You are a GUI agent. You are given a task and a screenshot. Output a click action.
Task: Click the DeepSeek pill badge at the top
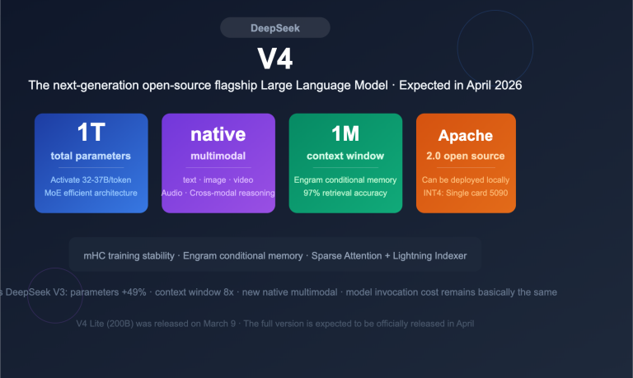tap(275, 28)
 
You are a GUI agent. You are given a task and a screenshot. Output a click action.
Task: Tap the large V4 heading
tap(275, 59)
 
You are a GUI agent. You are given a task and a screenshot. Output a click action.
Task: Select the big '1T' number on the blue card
tap(91, 133)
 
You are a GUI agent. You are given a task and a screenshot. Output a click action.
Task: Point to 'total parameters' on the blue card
tap(91, 156)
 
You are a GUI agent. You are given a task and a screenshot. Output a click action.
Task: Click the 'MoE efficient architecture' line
tap(91, 193)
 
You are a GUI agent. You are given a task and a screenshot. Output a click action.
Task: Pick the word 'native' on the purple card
tap(218, 134)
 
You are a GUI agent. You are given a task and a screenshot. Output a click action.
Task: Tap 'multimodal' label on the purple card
tap(218, 156)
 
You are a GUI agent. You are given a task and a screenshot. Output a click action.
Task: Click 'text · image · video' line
tap(218, 180)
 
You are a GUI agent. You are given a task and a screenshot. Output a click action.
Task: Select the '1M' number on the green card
tap(345, 133)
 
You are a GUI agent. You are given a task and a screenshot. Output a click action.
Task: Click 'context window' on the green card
tap(345, 156)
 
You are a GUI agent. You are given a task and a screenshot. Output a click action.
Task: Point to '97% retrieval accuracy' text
tap(345, 193)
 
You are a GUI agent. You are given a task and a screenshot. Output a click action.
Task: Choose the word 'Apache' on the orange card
tap(466, 136)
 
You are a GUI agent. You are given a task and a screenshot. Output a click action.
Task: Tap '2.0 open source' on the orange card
tap(466, 156)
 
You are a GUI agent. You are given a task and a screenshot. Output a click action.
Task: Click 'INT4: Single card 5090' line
tap(466, 193)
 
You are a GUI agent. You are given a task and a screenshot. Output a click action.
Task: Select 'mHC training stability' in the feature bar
tap(130, 255)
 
